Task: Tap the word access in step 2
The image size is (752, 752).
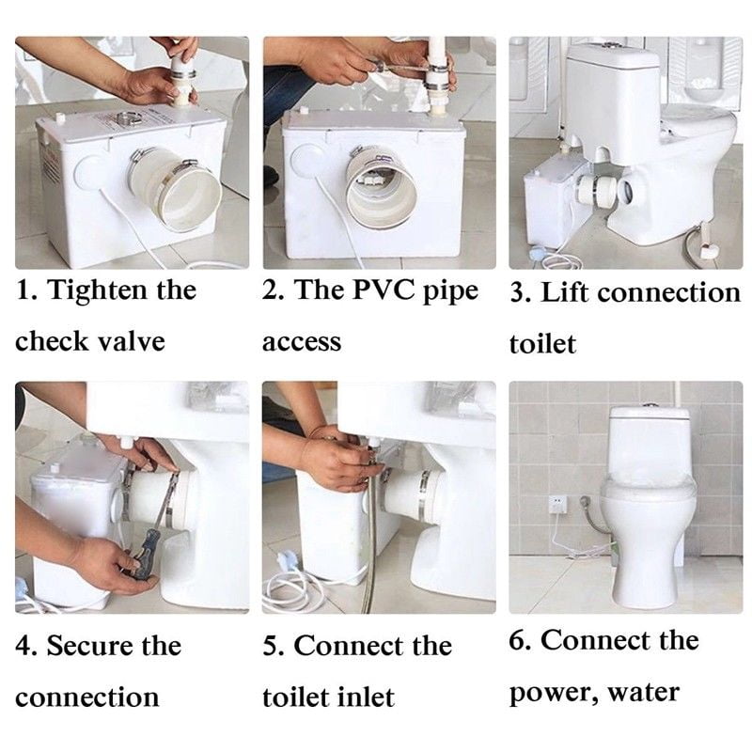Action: pos(302,342)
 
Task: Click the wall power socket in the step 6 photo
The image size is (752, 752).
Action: pos(557,504)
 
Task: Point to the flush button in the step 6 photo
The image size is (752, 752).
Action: pos(650,406)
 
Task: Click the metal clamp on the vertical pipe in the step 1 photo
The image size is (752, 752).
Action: pos(182,75)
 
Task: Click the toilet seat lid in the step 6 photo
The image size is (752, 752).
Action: pos(648,488)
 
